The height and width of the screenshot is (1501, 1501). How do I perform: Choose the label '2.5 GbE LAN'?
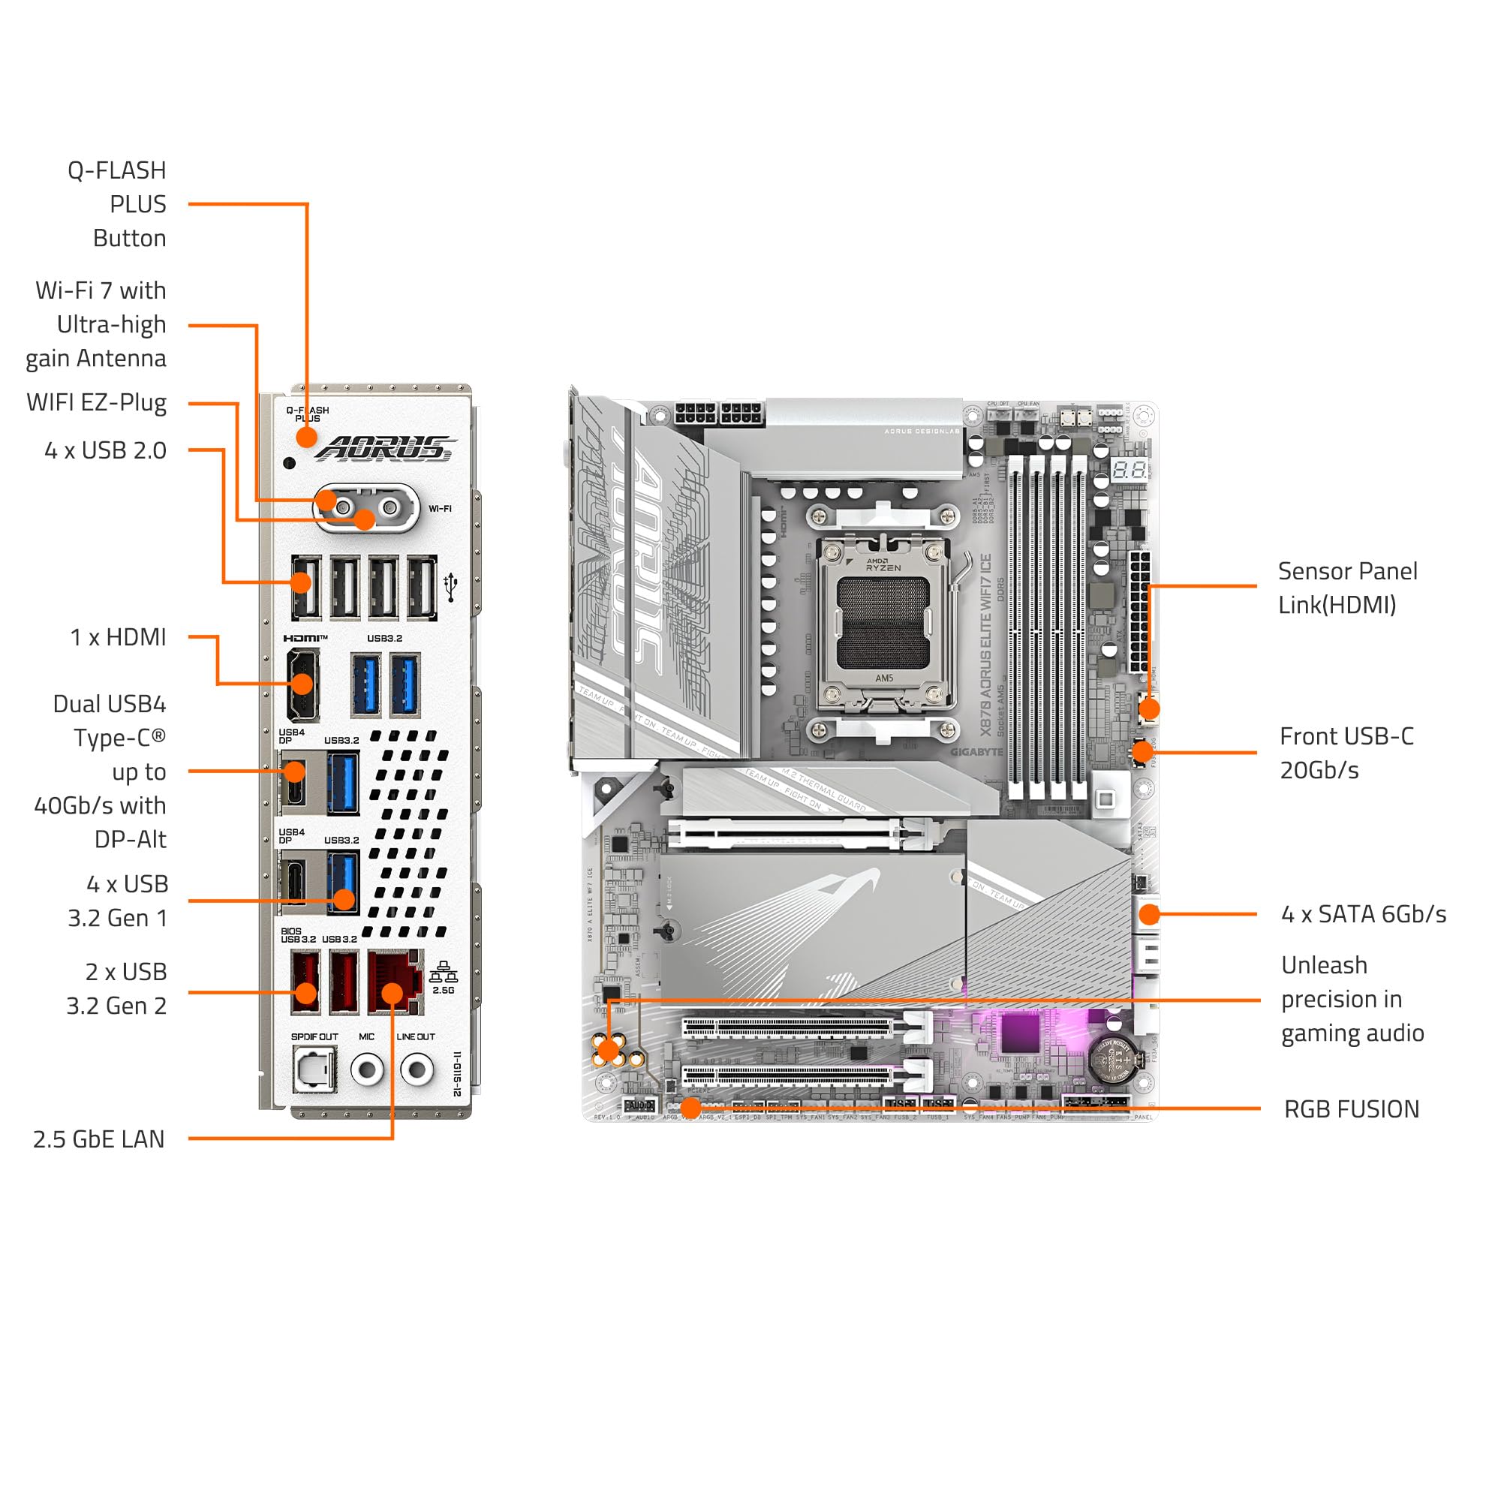coord(98,1139)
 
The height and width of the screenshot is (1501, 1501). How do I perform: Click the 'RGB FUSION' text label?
coord(1351,1108)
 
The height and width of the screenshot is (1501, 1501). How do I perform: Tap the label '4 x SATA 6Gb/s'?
coord(1364,913)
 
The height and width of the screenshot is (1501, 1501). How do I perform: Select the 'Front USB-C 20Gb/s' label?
coord(1346,753)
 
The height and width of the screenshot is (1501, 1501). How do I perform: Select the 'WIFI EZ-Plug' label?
coord(96,402)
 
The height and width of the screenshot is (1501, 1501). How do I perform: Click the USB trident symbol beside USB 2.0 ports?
coord(450,588)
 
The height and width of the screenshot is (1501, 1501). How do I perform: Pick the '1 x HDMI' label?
coord(118,637)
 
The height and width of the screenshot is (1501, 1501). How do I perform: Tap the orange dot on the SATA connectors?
coord(1149,914)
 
